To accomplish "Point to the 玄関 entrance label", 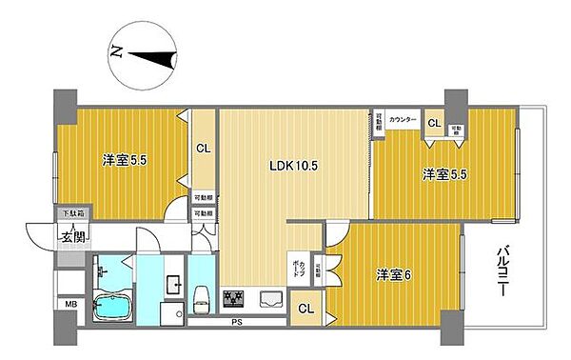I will (x=74, y=236).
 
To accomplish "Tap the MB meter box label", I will (x=70, y=304).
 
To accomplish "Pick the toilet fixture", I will (x=203, y=300).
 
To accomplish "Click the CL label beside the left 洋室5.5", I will (x=203, y=148).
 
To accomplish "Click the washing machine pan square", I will (x=171, y=315).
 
